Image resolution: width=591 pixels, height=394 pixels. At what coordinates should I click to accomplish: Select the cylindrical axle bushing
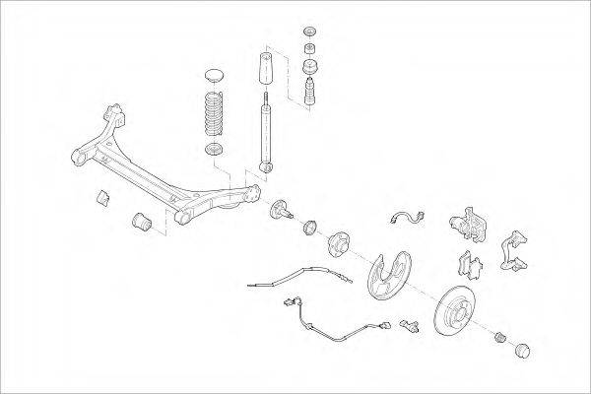point(141,222)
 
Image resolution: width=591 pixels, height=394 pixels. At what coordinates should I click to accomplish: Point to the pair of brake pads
point(471,263)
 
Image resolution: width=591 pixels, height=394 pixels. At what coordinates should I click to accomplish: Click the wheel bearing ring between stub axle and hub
point(310,228)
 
